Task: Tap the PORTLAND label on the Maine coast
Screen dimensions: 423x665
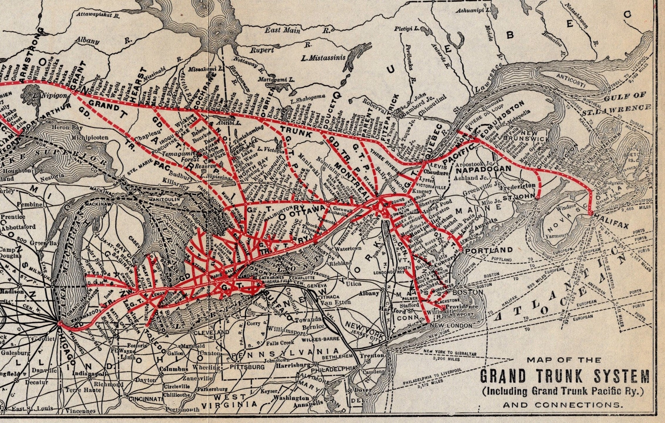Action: [x=489, y=250]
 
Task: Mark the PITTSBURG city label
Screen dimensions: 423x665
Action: [x=247, y=367]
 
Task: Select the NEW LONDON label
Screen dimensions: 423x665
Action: [x=451, y=326]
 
